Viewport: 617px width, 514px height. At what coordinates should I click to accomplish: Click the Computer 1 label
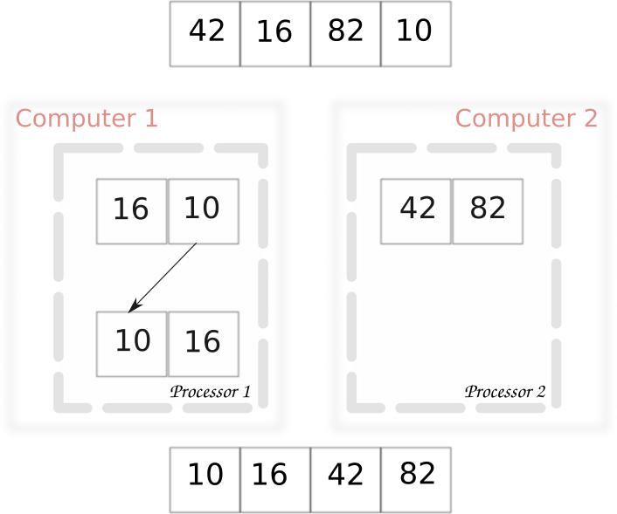click(x=87, y=119)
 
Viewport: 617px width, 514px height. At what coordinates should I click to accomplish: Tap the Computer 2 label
click(x=526, y=119)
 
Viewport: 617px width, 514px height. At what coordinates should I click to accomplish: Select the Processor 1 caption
click(x=210, y=392)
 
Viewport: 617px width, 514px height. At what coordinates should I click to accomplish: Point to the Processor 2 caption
click(x=504, y=392)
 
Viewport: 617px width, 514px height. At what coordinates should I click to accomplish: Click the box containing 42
click(x=416, y=211)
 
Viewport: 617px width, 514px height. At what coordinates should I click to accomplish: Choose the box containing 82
click(x=488, y=211)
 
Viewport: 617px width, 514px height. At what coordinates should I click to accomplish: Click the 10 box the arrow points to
click(x=131, y=344)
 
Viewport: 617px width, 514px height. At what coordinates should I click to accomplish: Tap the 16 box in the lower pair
click(x=203, y=344)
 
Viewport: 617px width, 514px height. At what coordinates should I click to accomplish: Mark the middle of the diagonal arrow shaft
click(x=164, y=276)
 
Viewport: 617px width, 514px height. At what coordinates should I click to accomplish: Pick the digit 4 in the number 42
click(x=406, y=209)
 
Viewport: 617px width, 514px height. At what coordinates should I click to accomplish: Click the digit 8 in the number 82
click(x=478, y=209)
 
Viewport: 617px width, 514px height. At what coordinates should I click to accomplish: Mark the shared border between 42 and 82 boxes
click(x=452, y=211)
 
